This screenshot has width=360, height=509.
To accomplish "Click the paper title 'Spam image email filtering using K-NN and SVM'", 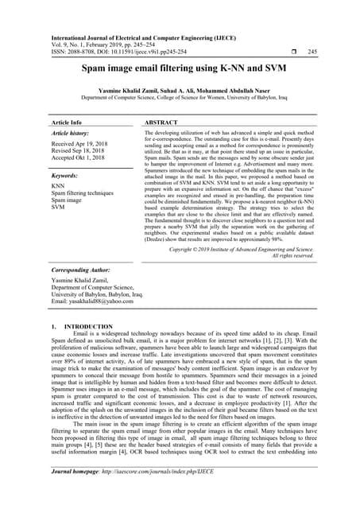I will coord(180,70).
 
